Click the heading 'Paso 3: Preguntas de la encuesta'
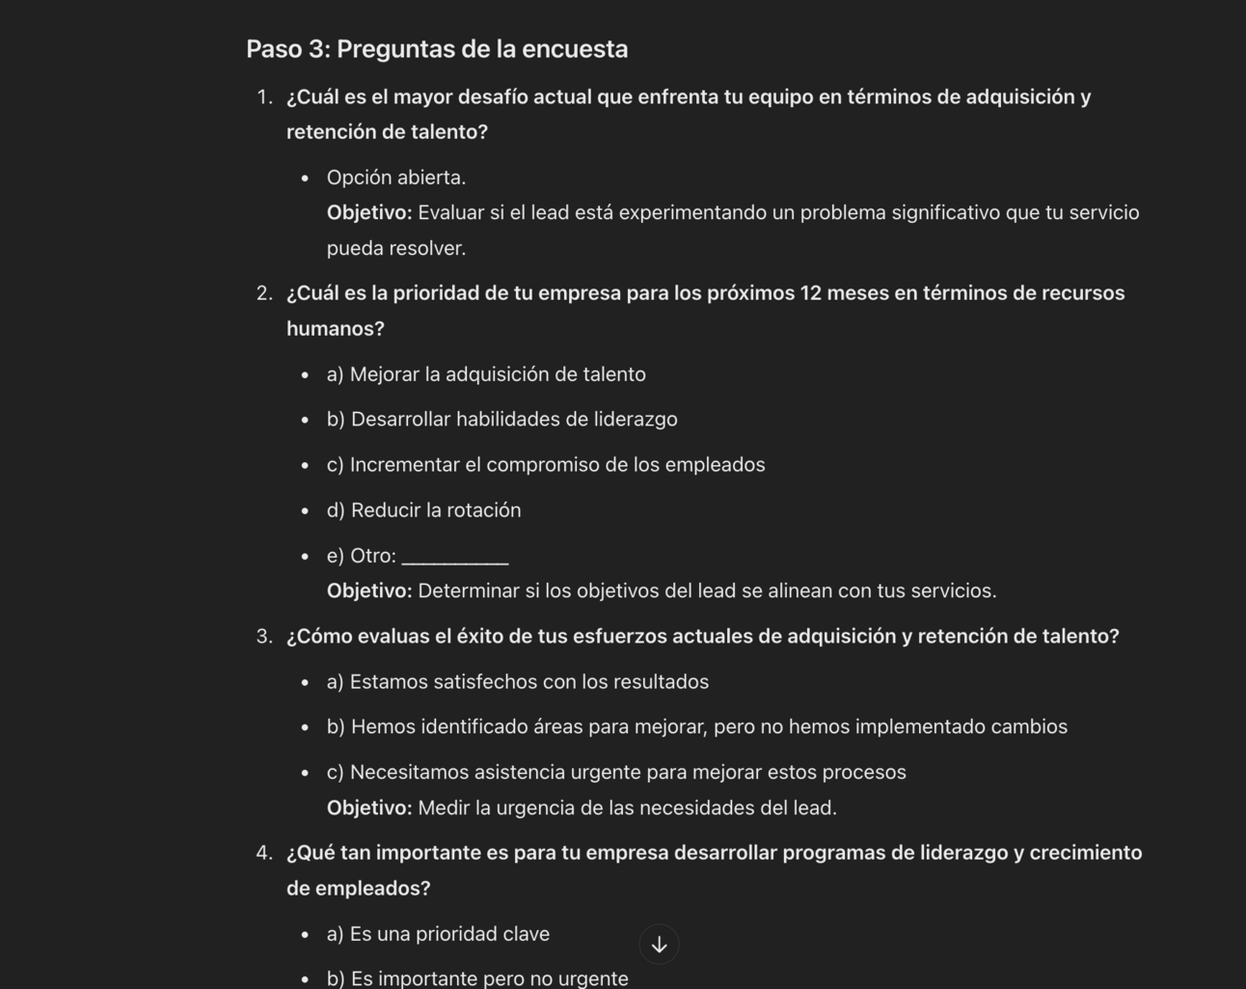point(437,49)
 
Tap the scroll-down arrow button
point(660,945)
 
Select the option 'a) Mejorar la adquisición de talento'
point(486,374)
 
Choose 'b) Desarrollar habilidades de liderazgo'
point(501,420)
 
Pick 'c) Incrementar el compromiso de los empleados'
point(546,465)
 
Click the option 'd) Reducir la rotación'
point(423,510)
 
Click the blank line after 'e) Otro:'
point(454,558)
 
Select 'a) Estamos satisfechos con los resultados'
point(518,682)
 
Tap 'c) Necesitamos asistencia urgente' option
point(616,773)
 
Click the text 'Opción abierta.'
point(396,178)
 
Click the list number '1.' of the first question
point(264,97)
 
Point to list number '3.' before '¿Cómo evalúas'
point(264,637)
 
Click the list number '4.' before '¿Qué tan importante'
point(264,853)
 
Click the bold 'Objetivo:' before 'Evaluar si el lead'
point(369,213)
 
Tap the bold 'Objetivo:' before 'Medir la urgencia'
point(369,809)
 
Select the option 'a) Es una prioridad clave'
point(438,934)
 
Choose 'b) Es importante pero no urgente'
point(477,978)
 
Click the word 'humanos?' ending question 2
point(336,329)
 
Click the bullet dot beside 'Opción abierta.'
point(305,179)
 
